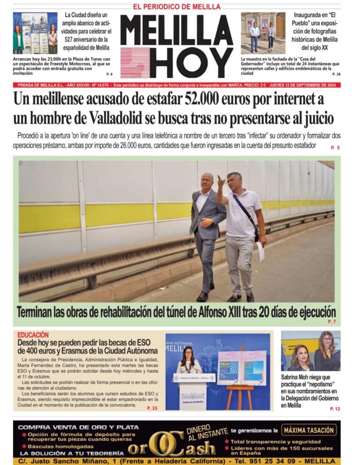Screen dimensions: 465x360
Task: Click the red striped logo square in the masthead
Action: [135, 62]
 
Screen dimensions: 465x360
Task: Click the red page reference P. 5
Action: [335, 148]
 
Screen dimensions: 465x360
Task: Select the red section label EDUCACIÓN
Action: [33, 335]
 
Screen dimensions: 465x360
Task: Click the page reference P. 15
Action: [152, 408]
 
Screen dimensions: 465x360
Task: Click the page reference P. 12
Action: [335, 409]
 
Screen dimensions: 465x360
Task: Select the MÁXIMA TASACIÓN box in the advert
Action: [310, 430]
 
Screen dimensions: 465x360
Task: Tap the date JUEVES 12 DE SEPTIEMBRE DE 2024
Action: [305, 85]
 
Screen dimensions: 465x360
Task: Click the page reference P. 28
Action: [337, 74]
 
